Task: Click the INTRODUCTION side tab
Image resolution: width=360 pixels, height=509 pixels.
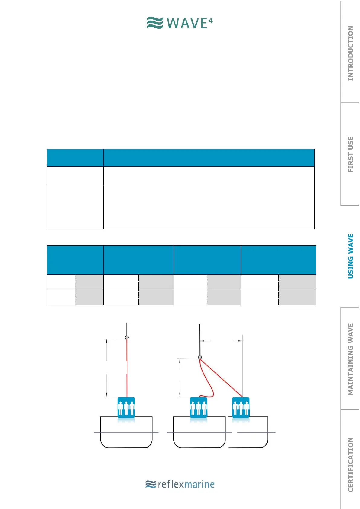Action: pos(350,53)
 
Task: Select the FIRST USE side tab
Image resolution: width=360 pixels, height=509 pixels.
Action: pos(350,154)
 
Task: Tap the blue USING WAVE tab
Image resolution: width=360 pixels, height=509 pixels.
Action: pos(350,256)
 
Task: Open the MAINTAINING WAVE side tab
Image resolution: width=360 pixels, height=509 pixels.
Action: pos(350,359)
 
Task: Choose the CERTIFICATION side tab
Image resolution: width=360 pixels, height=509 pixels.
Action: pos(350,465)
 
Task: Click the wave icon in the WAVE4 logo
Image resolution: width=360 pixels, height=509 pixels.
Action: pos(155,23)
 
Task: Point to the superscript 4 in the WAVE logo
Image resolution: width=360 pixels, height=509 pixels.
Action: pos(210,21)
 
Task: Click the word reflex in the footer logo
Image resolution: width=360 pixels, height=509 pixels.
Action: pos(171,484)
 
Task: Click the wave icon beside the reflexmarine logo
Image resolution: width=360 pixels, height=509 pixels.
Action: pos(151,484)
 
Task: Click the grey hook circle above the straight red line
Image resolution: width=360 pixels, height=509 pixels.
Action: pos(127,337)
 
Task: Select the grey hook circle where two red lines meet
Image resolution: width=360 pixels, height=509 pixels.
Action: pos(200,358)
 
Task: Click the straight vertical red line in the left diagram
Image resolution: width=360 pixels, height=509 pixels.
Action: pos(127,369)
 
